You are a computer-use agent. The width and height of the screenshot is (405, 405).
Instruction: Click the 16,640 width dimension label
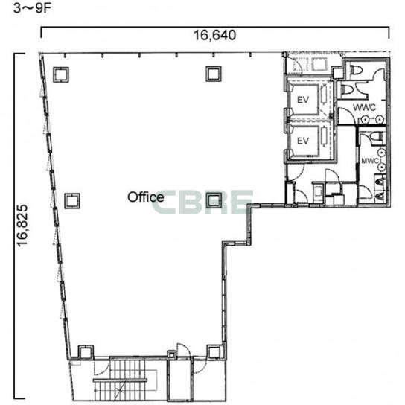(214, 35)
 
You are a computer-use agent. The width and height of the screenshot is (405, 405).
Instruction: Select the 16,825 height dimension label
(22, 225)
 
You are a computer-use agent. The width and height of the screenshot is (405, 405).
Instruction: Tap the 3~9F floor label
(32, 8)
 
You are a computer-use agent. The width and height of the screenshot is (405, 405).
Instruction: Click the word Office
(145, 197)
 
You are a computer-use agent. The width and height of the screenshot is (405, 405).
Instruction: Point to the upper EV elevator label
(303, 100)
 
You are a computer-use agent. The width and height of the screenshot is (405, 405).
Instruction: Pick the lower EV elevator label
(303, 141)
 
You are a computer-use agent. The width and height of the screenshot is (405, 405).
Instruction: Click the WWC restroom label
(364, 107)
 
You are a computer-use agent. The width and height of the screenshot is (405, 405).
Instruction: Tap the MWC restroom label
(370, 161)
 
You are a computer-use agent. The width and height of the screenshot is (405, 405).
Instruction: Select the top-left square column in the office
(61, 74)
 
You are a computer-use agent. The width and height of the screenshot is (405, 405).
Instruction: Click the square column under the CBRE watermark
(214, 200)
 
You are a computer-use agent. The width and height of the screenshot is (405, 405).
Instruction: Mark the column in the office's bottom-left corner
(86, 352)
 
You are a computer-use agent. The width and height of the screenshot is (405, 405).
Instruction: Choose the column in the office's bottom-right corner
(214, 352)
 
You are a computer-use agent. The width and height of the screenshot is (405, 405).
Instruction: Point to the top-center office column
(214, 74)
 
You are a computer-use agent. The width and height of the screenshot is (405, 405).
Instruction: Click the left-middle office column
(72, 201)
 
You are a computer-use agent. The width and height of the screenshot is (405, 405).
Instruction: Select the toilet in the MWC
(375, 136)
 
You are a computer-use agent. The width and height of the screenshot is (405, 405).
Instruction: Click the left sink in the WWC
(365, 120)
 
